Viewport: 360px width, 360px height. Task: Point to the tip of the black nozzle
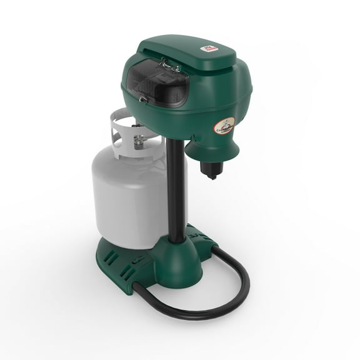pos(211,177)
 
